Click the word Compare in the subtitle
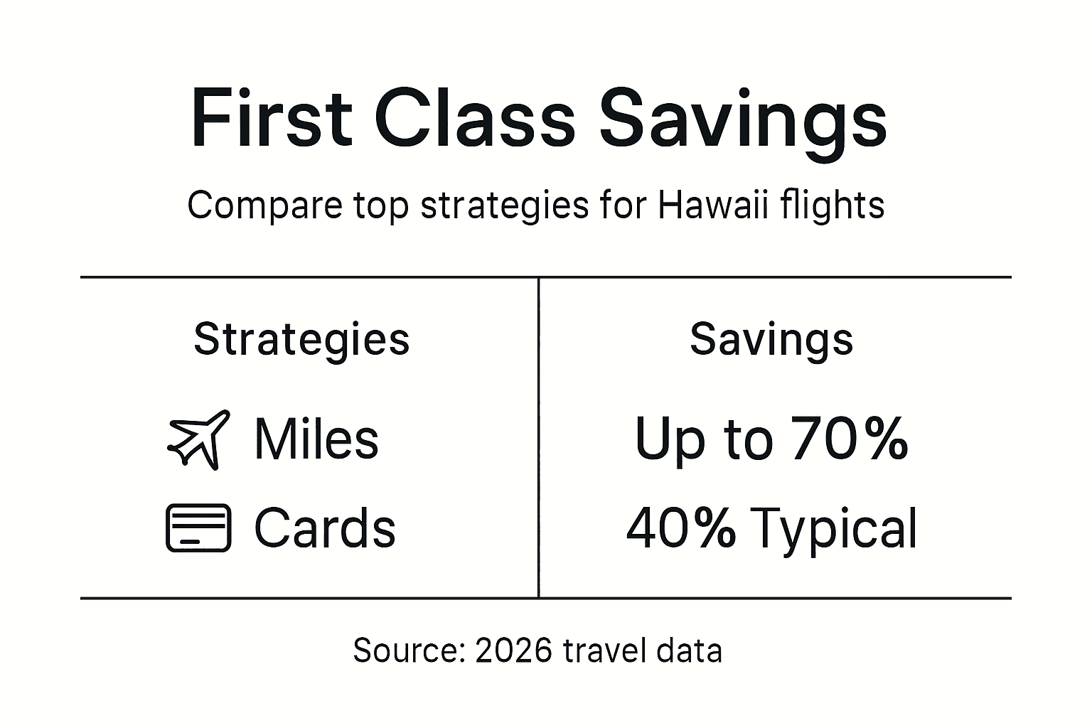point(264,207)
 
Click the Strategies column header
point(301,340)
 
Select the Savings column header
point(771,340)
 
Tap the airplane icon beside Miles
point(198,439)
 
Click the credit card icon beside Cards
point(198,528)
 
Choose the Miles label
point(316,439)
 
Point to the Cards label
point(324,528)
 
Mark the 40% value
point(681,528)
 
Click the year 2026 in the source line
point(513,651)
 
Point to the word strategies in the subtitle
point(505,207)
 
